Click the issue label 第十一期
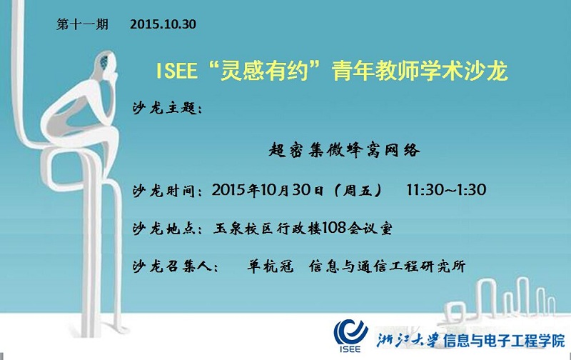pyautogui.click(x=82, y=24)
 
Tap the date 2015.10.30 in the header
pyautogui.click(x=163, y=24)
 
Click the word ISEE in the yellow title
pyautogui.click(x=176, y=71)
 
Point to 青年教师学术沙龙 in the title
pyautogui.click(x=420, y=71)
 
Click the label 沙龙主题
pyautogui.click(x=165, y=109)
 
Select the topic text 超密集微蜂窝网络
pyautogui.click(x=345, y=150)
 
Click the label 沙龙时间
pyautogui.click(x=165, y=191)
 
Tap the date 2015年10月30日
pyautogui.click(x=268, y=190)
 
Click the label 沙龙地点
pyautogui.click(x=165, y=229)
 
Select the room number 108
pyautogui.click(x=334, y=228)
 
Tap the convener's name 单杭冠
pyautogui.click(x=271, y=266)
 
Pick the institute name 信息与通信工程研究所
pyautogui.click(x=387, y=266)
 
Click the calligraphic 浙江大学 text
pyautogui.click(x=407, y=341)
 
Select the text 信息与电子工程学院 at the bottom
pyautogui.click(x=504, y=341)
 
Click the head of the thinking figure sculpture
pyautogui.click(x=107, y=64)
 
